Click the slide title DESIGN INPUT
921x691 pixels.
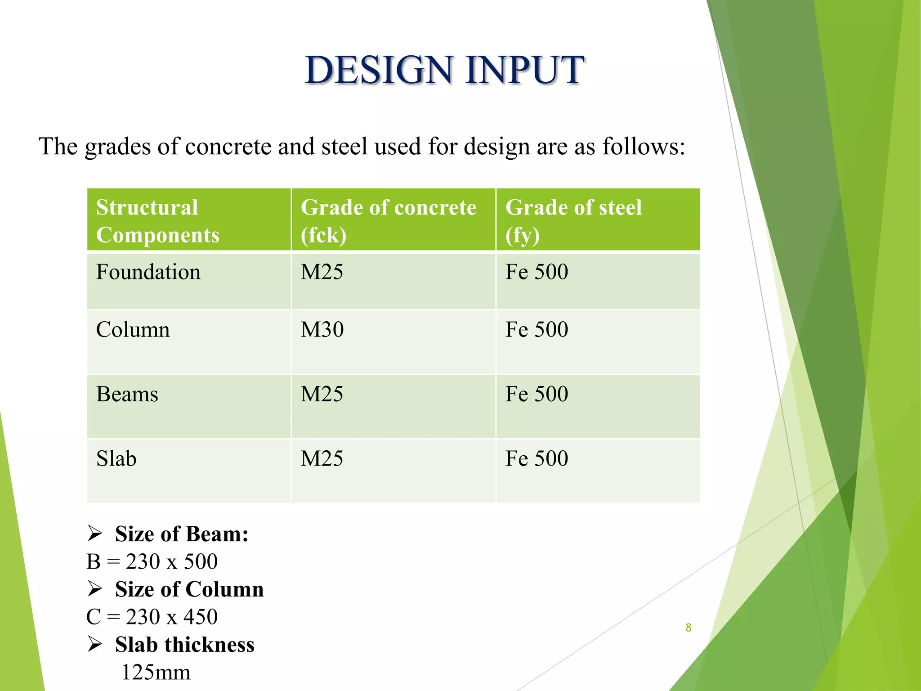444,70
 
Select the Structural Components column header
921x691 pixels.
157,221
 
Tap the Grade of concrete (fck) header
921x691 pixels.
388,221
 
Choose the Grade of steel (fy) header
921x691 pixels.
573,221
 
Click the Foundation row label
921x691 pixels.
148,272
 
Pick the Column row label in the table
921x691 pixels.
133,330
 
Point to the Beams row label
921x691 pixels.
127,395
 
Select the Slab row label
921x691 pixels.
116,459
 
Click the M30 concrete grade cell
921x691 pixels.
322,330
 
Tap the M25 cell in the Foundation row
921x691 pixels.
322,272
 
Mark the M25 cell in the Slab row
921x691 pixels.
322,459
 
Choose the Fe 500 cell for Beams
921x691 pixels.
537,395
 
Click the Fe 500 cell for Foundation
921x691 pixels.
537,272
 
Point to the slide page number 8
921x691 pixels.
688,628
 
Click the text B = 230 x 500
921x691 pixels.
152,562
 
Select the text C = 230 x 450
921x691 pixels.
152,617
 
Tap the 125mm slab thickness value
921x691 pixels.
156,673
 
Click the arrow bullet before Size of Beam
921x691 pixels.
95,534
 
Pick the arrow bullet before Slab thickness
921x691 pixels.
95,644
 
